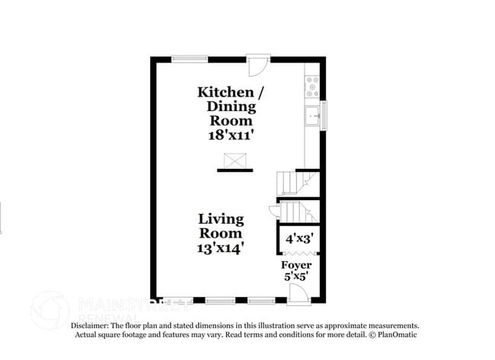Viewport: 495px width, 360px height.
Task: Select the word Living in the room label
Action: [x=222, y=219]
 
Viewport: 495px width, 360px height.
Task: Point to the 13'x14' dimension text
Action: [x=221, y=248]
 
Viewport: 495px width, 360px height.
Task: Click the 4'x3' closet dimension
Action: [x=298, y=238]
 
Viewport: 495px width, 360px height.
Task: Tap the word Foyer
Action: [x=297, y=265]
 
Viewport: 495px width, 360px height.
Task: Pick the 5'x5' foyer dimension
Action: [x=297, y=277]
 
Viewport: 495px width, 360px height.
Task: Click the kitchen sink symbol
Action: [x=312, y=116]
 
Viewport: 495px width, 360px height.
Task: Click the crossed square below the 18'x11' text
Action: [x=234, y=160]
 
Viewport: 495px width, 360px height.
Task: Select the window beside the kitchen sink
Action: [x=323, y=115]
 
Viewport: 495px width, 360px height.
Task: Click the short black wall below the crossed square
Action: [x=235, y=170]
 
